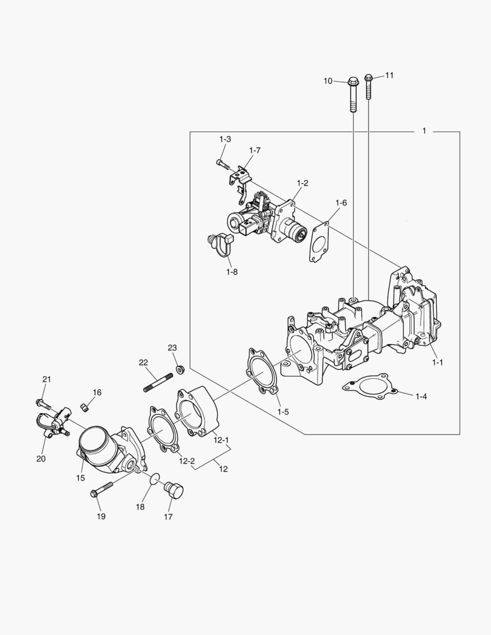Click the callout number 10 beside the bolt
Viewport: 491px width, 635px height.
coord(328,81)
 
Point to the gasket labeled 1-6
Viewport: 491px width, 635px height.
coord(320,242)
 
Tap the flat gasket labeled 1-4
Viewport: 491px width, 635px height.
coord(368,387)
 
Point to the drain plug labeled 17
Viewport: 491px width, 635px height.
coord(175,490)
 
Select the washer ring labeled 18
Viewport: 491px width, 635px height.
coord(155,478)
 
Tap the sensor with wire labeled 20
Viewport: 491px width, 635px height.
coord(50,425)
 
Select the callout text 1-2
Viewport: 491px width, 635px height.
coord(302,183)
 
